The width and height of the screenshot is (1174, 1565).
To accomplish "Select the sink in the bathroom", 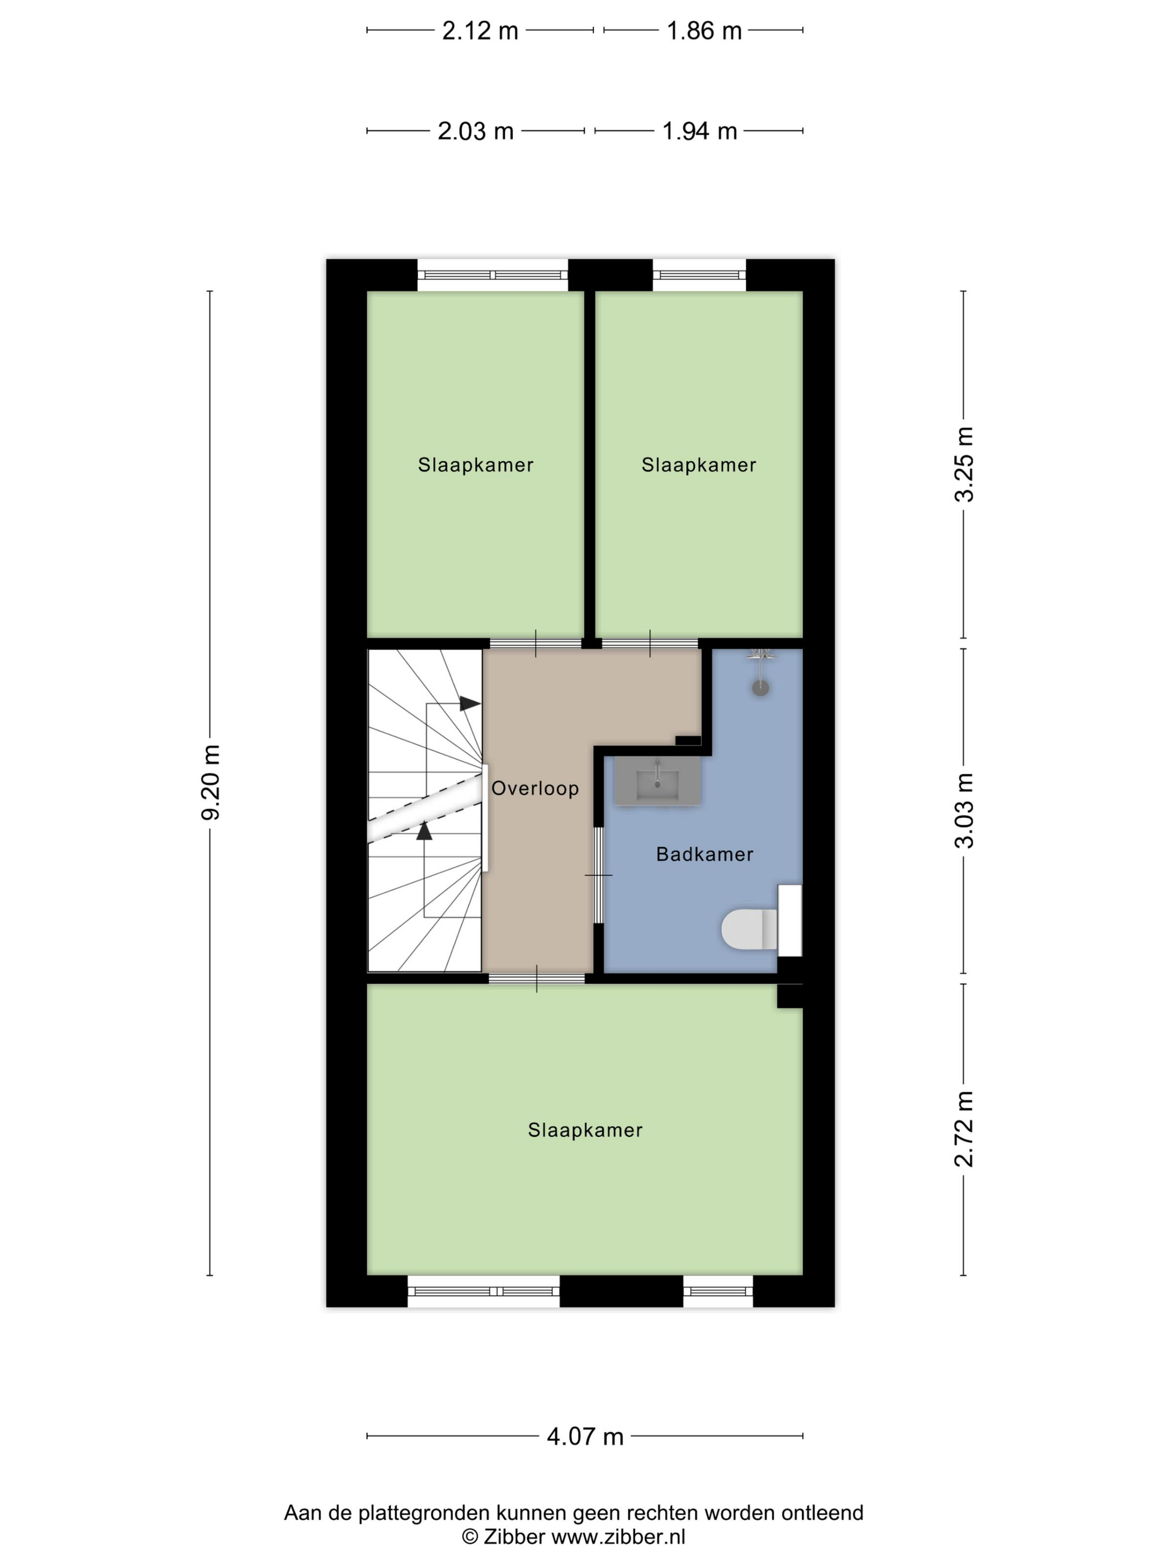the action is [657, 780].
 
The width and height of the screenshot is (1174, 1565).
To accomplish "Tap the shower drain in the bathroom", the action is [760, 687].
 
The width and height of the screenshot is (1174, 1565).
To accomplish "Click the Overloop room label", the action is [535, 788].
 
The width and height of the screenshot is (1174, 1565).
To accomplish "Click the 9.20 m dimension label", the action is [211, 782].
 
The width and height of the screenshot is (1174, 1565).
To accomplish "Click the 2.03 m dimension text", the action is [476, 131].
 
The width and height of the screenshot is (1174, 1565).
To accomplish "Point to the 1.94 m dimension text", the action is [700, 131].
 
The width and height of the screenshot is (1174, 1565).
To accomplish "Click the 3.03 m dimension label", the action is [964, 811].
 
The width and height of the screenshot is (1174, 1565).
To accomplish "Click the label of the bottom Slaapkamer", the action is [585, 1130].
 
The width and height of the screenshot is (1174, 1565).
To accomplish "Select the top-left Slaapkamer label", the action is [476, 465].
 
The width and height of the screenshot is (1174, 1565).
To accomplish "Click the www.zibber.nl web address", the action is [618, 1536].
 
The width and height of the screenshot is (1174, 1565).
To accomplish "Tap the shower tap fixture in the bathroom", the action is [761, 655].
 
